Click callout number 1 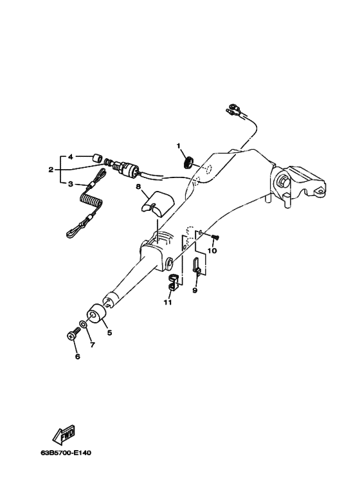(179, 146)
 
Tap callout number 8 (138, 186)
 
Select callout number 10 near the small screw (212, 251)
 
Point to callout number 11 (168, 302)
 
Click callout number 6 (78, 357)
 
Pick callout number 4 (71, 157)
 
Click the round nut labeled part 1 (188, 162)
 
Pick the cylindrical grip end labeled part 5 (95, 314)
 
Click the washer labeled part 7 (84, 325)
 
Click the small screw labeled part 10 (216, 237)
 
